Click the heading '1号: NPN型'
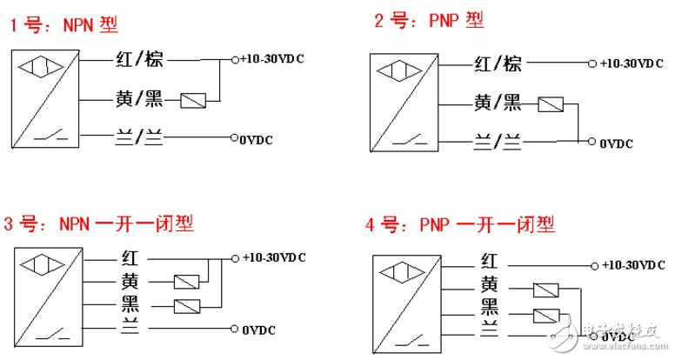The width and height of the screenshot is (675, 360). point(63,24)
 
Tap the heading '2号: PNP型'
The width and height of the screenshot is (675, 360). point(429,20)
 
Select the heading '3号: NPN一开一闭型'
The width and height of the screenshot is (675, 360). point(98,224)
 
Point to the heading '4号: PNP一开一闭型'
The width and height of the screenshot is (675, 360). point(460,224)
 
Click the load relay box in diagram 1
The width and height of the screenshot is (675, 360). point(193,101)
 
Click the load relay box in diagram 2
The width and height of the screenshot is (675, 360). point(551,104)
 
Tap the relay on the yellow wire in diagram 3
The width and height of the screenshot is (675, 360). point(186,282)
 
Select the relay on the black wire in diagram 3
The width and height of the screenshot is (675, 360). point(187,307)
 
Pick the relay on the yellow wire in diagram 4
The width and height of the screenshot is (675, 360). point(546,290)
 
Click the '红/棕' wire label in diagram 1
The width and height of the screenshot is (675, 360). point(139,59)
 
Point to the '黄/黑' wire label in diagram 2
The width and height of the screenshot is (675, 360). point(498,103)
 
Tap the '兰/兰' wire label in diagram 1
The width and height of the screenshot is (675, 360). point(139,138)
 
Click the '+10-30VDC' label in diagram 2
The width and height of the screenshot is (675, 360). point(632,63)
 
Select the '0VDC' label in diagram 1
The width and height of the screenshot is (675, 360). point(256,140)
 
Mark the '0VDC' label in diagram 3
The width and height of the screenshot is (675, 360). point(258,330)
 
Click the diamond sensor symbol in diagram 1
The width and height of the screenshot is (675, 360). point(41,67)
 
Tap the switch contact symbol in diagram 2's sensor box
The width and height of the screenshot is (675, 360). point(409,139)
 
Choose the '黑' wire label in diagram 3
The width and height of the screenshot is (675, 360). point(130,304)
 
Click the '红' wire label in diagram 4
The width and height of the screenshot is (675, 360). point(489,261)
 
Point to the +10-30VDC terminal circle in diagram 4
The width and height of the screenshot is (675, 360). point(594,266)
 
